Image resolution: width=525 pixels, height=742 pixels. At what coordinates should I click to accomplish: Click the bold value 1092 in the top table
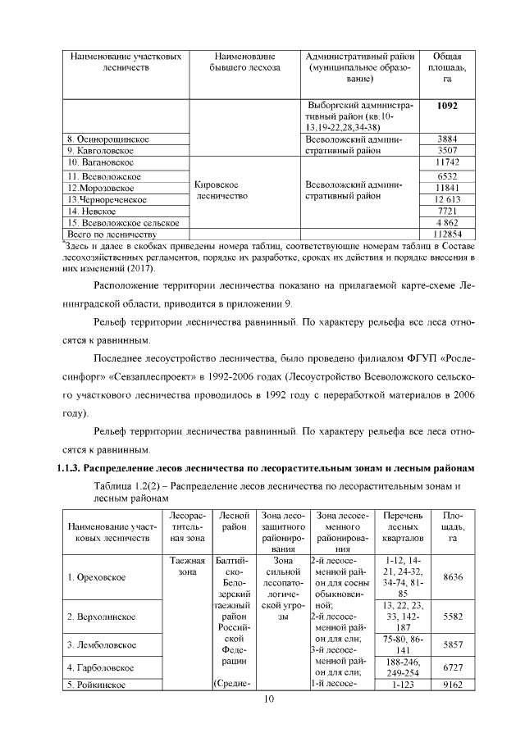(x=447, y=106)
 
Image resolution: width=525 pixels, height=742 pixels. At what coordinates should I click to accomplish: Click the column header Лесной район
(x=235, y=521)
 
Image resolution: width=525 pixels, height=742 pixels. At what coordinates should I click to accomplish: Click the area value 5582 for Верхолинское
(x=452, y=616)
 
